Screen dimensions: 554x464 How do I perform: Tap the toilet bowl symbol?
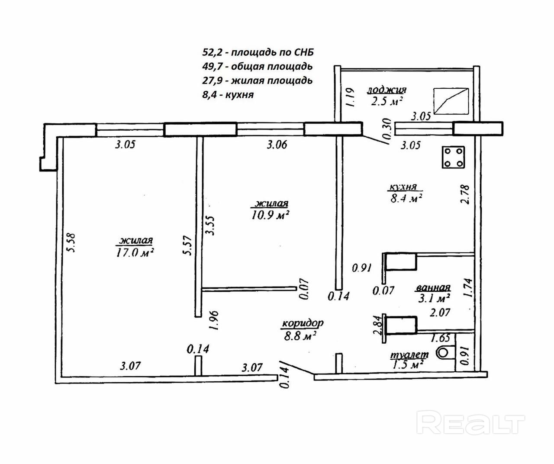coord(443,353)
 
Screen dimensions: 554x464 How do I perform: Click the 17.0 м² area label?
coord(135,252)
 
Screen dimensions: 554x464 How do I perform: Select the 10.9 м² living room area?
coord(271,215)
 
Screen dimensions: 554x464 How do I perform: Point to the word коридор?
coord(303,323)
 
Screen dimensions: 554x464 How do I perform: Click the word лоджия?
coord(387,90)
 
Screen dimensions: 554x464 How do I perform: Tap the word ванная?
coord(433,288)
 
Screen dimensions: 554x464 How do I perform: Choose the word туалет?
coord(409,354)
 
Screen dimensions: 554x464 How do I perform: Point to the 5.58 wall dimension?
coord(71,243)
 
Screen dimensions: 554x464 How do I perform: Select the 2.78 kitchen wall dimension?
coord(466,195)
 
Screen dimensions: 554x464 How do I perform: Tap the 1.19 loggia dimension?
coord(351,97)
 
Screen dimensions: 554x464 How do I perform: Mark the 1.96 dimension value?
coord(214,320)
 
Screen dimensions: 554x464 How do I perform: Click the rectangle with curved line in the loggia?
coord(451,101)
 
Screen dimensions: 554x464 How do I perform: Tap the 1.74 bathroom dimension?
coord(467,287)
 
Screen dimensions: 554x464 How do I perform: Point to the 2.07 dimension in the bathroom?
coord(439,312)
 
